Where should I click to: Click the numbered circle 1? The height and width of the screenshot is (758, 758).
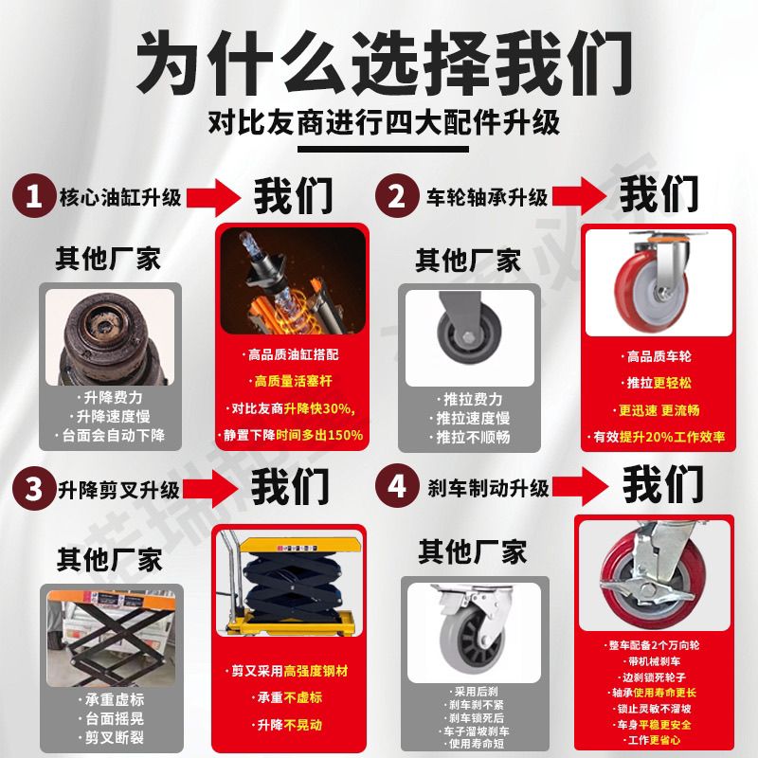tap(33, 196)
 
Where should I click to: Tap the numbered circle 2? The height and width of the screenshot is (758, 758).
tap(397, 196)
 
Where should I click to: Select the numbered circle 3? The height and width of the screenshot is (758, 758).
tap(33, 488)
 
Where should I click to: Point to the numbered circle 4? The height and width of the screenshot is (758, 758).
tap(397, 485)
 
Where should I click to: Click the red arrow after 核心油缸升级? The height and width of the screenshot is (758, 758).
tap(213, 197)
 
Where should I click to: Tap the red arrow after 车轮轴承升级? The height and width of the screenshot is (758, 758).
tap(579, 196)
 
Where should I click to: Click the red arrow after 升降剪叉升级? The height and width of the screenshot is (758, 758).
tap(210, 488)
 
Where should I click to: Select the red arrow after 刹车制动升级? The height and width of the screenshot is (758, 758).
tap(580, 486)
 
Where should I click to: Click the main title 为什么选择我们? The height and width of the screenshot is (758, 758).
tap(385, 62)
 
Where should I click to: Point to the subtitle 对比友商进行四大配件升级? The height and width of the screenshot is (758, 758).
tap(385, 122)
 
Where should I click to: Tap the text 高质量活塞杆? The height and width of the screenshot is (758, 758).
tap(293, 381)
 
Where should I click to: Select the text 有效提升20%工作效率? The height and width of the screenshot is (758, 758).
tap(659, 437)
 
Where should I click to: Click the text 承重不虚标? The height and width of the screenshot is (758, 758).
tap(288, 697)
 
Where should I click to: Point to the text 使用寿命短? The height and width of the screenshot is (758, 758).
tap(477, 744)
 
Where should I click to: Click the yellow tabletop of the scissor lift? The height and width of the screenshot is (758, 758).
tap(300, 546)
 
